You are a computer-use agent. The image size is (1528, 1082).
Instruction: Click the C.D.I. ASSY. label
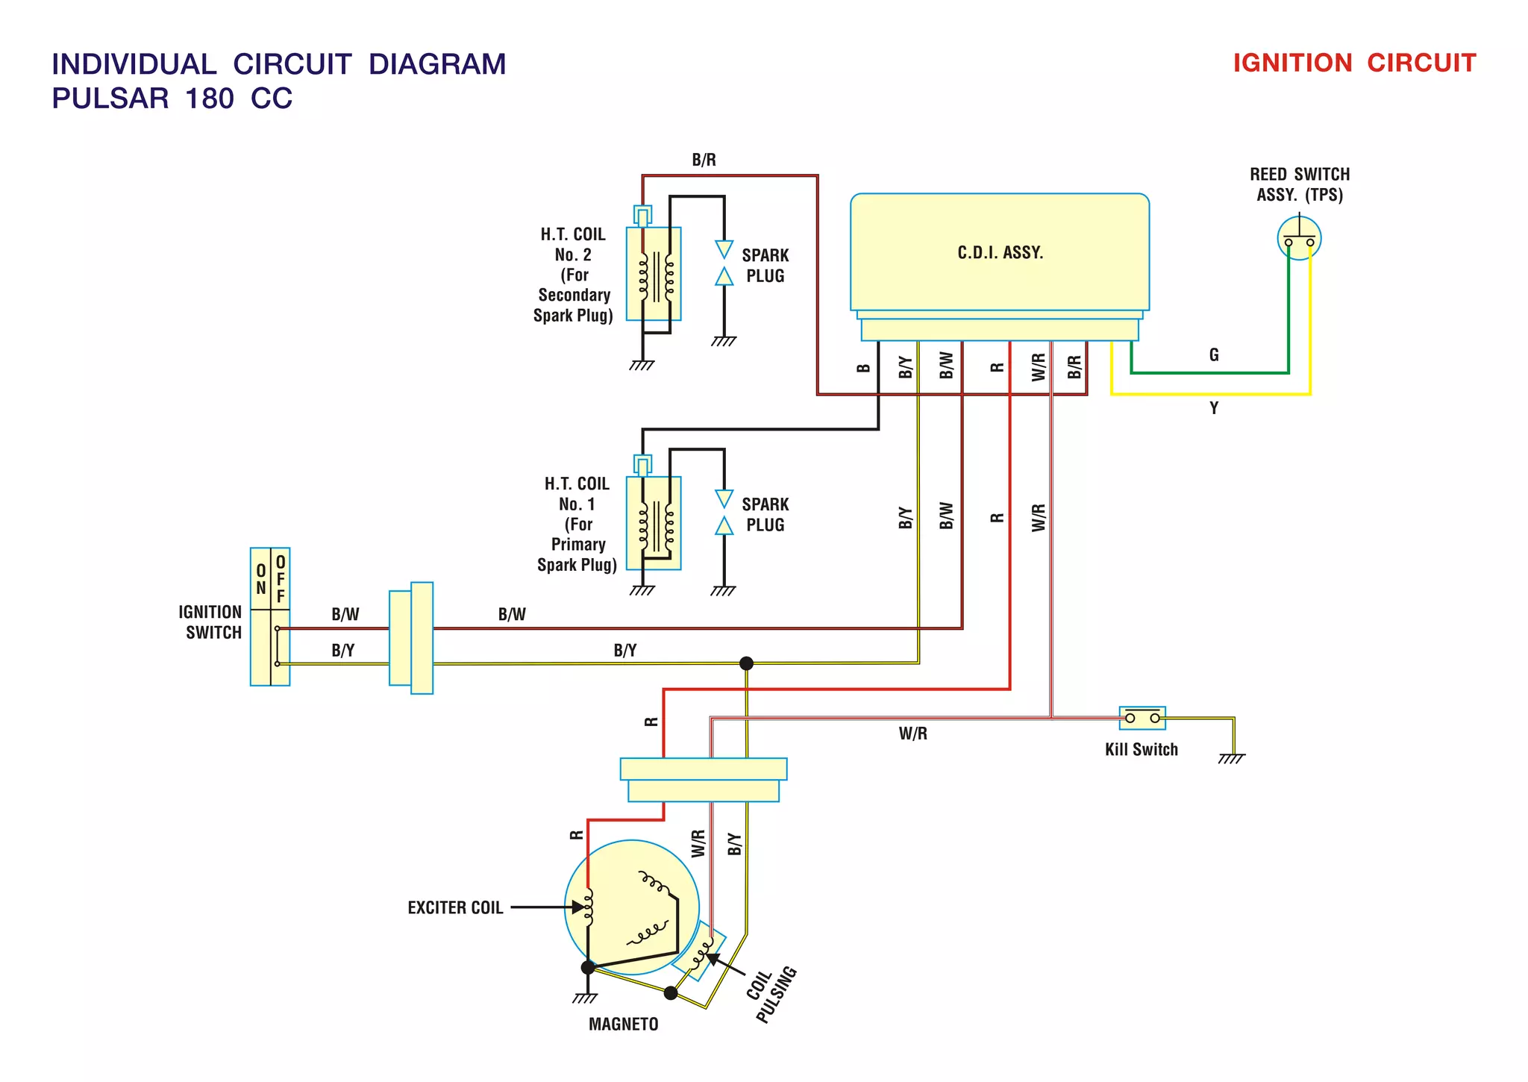click(1000, 253)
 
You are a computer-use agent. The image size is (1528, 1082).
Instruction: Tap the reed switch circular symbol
click(1299, 238)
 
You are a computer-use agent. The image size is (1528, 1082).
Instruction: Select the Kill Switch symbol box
click(1142, 718)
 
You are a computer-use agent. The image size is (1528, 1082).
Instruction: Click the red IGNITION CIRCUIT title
click(1353, 63)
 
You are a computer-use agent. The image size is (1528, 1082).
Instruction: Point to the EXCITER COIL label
click(455, 908)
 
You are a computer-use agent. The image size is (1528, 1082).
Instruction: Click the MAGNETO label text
click(623, 1025)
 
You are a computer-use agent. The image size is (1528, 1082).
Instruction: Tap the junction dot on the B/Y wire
click(746, 663)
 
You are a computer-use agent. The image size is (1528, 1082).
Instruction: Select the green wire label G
click(1214, 355)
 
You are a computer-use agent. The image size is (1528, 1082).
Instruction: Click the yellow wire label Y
click(1214, 408)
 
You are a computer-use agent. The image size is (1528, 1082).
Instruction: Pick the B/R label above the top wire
click(704, 160)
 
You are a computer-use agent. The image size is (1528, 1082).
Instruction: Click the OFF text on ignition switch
click(281, 579)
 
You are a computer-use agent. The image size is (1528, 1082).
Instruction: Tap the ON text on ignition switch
click(261, 579)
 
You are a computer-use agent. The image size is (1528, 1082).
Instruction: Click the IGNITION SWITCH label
click(211, 622)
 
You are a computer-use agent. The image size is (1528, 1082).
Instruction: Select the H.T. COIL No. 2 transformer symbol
click(654, 274)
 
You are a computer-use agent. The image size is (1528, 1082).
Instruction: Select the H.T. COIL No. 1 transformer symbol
click(654, 523)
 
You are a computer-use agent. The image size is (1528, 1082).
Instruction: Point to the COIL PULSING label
click(772, 991)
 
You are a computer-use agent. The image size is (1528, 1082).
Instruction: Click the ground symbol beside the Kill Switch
click(1231, 758)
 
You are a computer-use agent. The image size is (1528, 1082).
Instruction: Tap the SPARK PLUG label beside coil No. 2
click(765, 266)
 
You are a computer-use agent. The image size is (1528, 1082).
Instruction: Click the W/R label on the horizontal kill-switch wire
click(912, 734)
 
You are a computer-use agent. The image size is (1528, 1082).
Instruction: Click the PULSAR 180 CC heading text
click(172, 98)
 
